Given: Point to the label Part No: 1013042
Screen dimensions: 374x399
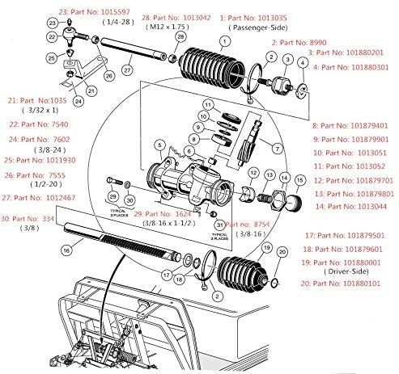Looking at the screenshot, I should [176, 16].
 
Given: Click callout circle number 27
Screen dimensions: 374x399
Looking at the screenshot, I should [127, 71].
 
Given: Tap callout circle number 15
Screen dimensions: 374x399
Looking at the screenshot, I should [299, 179].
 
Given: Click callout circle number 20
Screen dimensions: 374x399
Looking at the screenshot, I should [282, 253].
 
